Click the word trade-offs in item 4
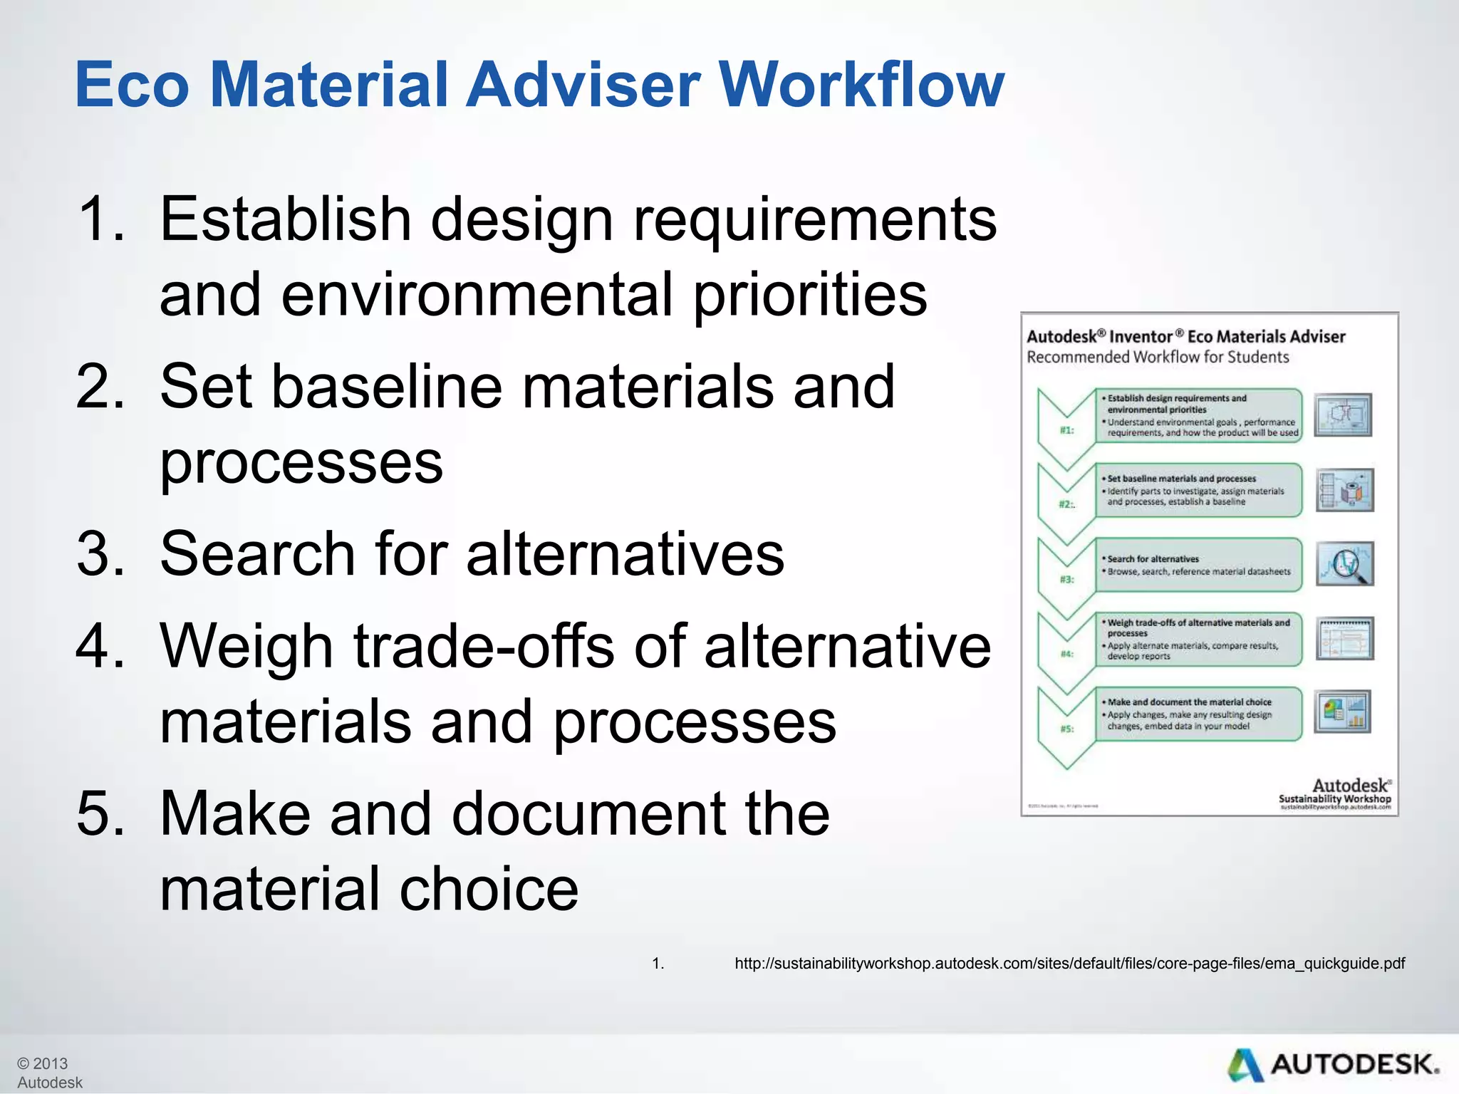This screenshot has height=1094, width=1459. coord(484,646)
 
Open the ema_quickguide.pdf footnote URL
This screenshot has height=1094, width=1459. coord(1069,964)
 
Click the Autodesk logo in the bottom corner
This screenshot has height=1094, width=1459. coord(1332,1066)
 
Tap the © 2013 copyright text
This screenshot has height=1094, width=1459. coord(43,1063)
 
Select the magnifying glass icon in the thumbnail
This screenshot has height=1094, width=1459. coord(1344,564)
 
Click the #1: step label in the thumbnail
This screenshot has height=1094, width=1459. coord(1066,430)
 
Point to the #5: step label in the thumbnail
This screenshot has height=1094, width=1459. coord(1066,729)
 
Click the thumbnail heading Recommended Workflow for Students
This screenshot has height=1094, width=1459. coord(1158,357)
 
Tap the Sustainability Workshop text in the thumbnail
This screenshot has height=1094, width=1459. coord(1334,799)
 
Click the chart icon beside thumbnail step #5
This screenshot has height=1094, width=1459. coord(1343,712)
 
